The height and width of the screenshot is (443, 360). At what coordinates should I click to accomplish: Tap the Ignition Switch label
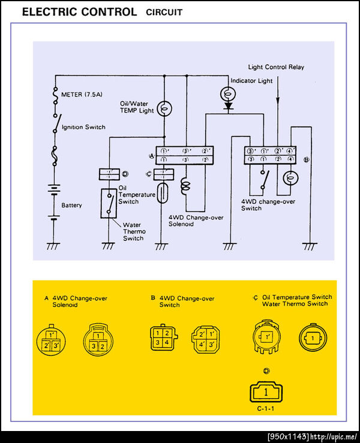[83, 127]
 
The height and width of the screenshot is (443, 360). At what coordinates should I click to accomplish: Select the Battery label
[71, 205]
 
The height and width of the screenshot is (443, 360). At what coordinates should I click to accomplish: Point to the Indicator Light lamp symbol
[229, 94]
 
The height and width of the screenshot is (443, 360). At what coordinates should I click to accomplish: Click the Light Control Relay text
[276, 67]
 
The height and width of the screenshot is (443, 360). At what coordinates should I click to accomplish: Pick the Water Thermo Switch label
[133, 231]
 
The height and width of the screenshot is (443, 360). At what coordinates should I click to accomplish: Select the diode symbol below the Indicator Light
[229, 106]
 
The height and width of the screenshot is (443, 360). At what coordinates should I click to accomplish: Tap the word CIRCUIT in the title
[164, 12]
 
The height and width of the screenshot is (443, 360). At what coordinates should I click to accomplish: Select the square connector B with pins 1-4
[160, 337]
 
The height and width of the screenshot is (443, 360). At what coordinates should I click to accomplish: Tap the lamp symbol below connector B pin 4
[290, 178]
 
